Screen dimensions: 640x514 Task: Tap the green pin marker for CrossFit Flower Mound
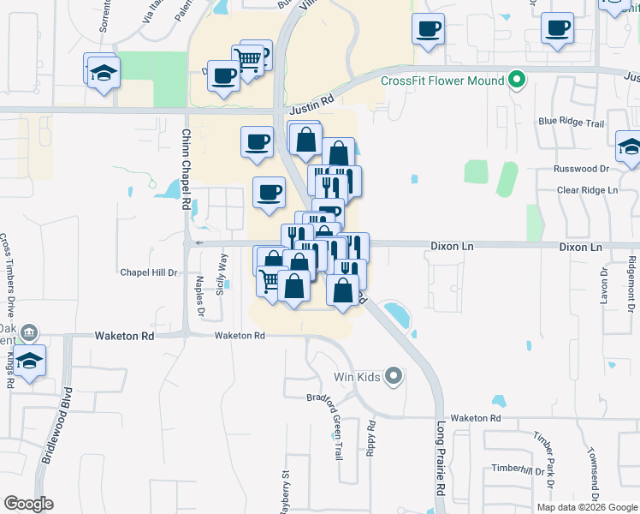click(516, 81)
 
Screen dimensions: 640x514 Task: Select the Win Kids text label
click(356, 376)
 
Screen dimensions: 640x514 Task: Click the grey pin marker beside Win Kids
click(394, 375)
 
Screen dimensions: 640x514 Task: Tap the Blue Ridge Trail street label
click(572, 123)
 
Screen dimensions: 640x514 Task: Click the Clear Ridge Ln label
click(587, 189)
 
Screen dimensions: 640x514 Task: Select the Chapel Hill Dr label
click(148, 272)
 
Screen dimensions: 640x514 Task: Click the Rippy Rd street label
click(370, 439)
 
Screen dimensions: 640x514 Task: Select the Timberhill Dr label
click(518, 469)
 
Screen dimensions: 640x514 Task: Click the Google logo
click(28, 504)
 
